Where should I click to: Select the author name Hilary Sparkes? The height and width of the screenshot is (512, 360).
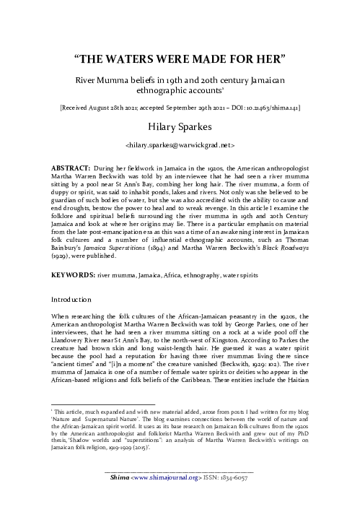pos(180,127)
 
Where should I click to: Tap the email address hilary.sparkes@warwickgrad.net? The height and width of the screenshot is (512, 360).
pos(180,145)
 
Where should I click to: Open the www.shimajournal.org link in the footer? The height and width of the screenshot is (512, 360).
pos(159,498)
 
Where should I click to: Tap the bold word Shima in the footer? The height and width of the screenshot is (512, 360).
pos(116,498)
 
